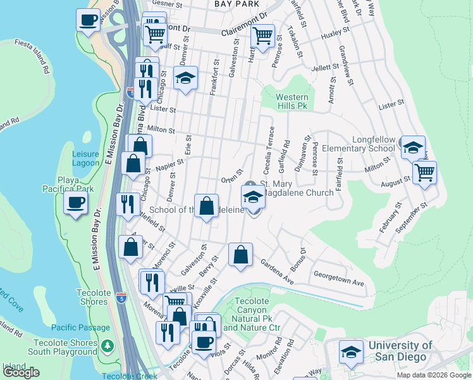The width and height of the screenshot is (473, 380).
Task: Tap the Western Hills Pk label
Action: click(x=292, y=101)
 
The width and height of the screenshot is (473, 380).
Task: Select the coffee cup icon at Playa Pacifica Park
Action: click(x=76, y=203)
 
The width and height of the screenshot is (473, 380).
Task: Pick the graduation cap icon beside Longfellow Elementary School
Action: click(x=413, y=148)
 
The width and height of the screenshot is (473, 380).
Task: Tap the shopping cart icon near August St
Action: click(x=424, y=171)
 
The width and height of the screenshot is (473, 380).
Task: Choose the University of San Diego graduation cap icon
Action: click(x=352, y=353)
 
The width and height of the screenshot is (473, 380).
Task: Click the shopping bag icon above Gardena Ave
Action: click(x=240, y=255)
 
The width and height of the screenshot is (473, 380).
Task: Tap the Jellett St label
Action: click(x=325, y=67)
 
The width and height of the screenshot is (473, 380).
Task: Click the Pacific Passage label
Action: click(x=77, y=327)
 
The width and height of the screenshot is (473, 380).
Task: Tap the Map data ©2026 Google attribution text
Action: click(x=433, y=375)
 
